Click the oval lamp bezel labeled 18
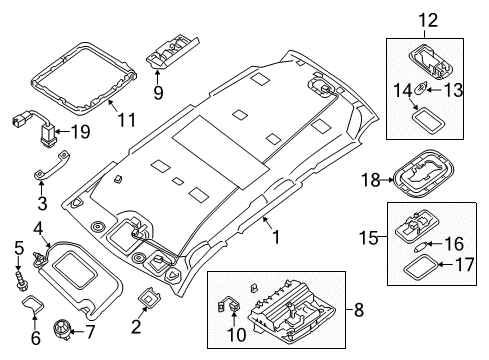[x=427, y=182]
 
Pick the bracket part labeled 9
[x=170, y=48]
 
